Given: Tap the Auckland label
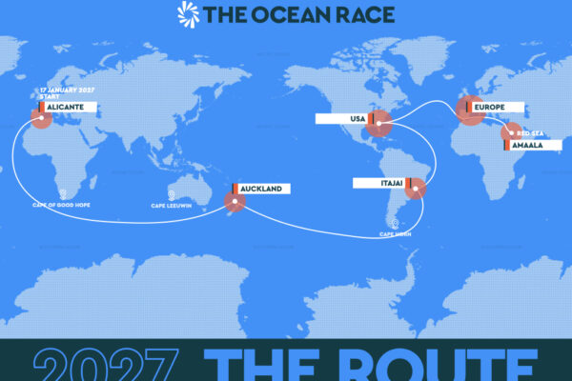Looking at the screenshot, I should (260, 190).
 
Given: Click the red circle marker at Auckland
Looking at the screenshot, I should (234, 201).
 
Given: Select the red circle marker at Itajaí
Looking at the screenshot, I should (417, 191).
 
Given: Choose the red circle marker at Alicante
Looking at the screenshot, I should (40, 118).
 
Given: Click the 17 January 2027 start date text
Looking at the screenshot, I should (66, 90).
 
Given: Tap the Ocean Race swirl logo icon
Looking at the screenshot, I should (188, 13).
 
